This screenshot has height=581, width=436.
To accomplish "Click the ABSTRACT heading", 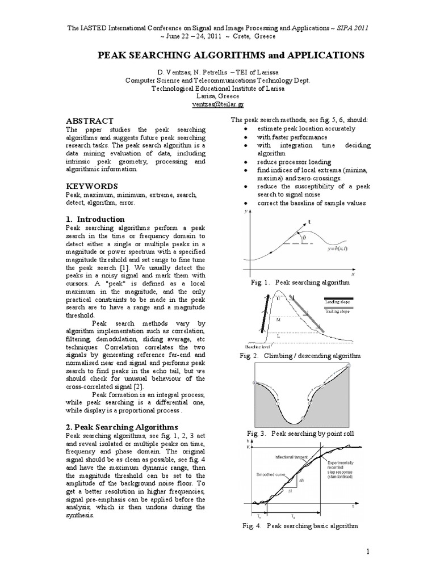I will [90, 121].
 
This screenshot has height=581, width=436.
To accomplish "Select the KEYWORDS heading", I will [92, 186].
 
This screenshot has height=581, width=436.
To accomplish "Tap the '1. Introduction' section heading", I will [96, 219].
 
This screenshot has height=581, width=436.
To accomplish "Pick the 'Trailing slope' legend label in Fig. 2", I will [337, 311].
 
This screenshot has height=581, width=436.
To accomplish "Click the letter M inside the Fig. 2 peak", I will [278, 320].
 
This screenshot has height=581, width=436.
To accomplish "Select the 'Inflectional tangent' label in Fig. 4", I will [292, 457].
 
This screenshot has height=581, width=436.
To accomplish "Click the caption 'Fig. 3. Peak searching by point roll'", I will [300, 433].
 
